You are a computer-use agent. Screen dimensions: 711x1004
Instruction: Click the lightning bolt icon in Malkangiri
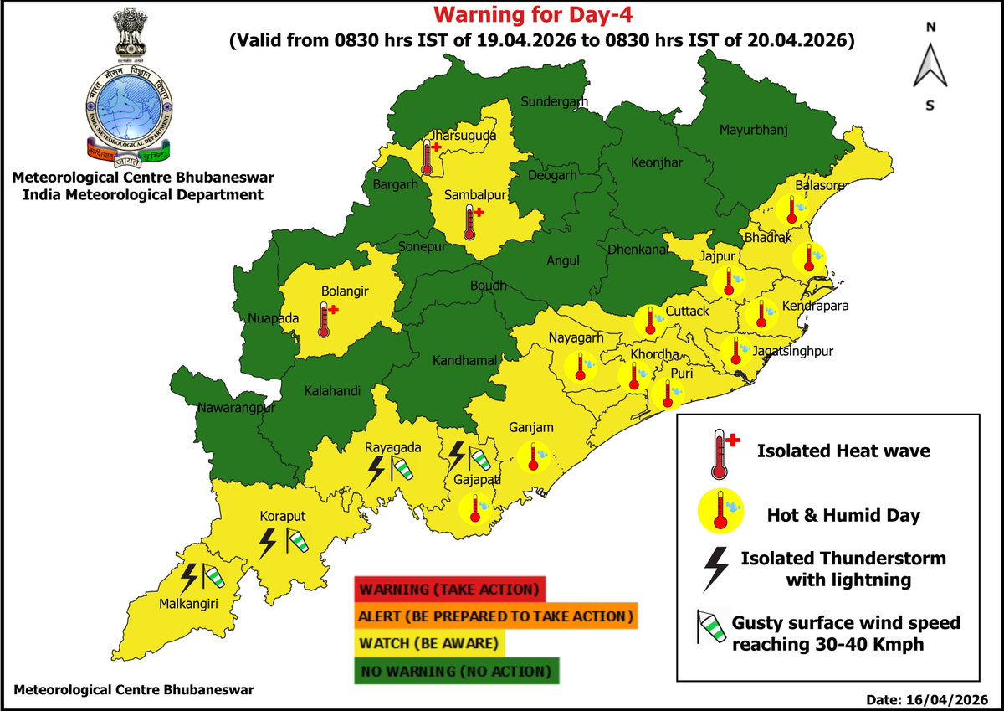190,576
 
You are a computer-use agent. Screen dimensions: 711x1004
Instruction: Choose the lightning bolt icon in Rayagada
376,470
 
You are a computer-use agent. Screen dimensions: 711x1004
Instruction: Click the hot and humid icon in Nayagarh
578,368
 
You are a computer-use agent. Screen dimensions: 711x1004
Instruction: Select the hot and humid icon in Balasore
790,209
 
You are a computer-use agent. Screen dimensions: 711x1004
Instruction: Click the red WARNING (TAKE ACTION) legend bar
449,589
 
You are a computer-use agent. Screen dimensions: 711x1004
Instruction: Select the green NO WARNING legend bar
457,671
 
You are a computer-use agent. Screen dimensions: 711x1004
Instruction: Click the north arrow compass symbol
930,65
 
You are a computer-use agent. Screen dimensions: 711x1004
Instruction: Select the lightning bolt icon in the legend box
716,567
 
